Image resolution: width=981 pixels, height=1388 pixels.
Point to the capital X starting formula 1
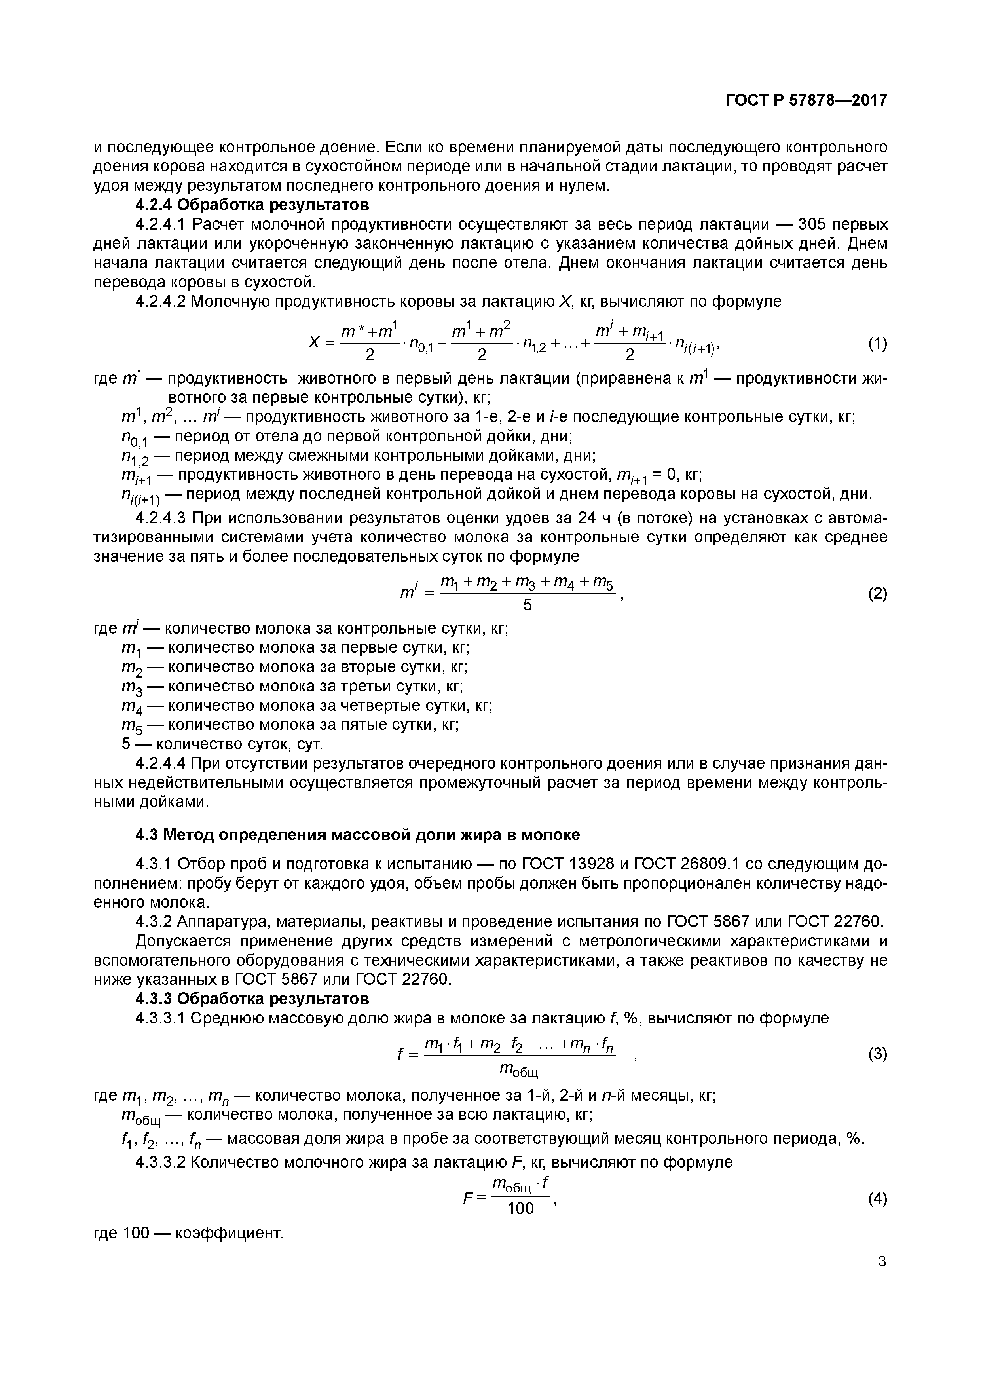(x=314, y=342)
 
